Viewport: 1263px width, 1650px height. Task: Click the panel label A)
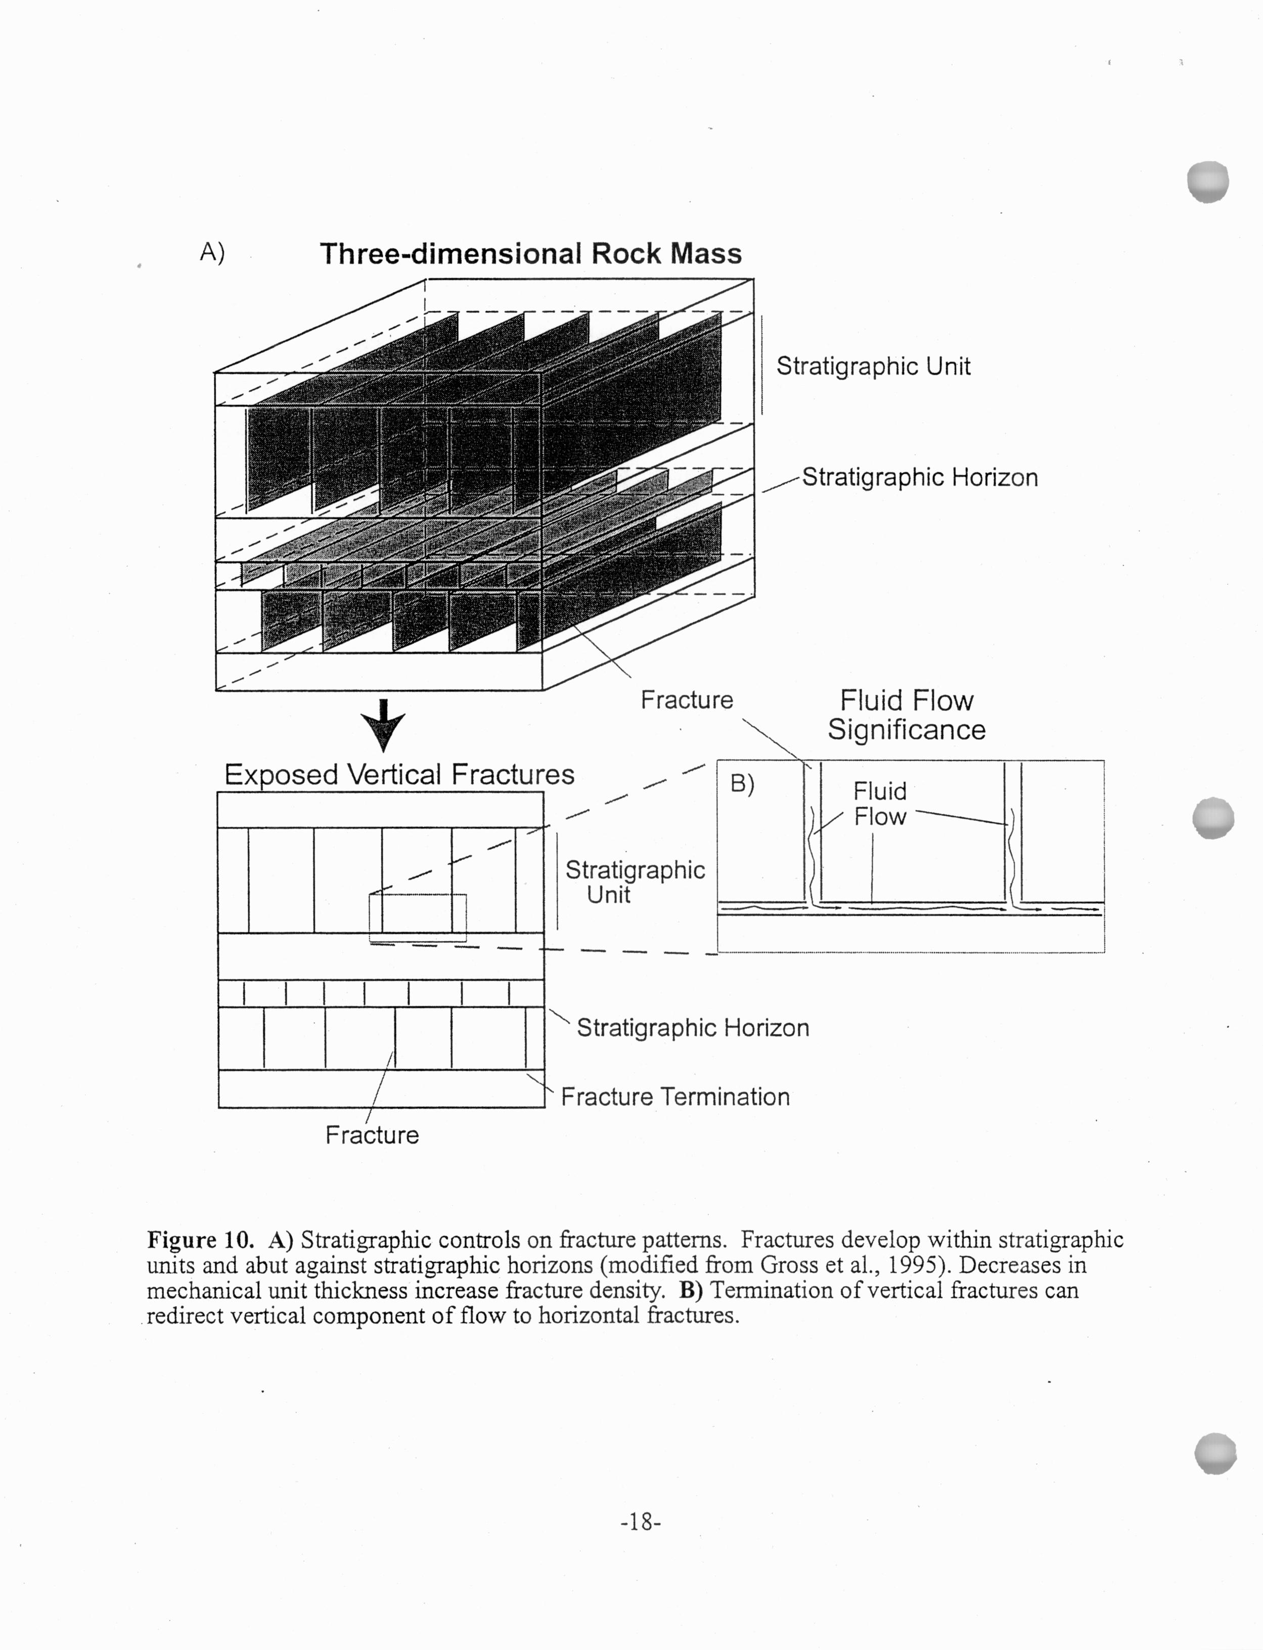click(212, 253)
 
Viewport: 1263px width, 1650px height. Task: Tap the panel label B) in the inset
click(742, 784)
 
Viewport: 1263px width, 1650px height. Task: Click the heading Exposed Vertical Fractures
click(399, 774)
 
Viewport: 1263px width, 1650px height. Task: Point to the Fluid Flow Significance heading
click(906, 715)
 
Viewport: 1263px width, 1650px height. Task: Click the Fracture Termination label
click(675, 1097)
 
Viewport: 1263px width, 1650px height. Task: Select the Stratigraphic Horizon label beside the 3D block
click(919, 477)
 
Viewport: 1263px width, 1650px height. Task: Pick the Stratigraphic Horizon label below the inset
click(692, 1028)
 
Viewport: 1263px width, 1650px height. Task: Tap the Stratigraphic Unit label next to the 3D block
click(873, 366)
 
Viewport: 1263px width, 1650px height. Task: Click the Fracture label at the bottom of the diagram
click(372, 1135)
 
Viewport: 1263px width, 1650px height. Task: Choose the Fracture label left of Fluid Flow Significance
click(687, 700)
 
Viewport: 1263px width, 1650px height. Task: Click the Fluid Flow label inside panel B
click(880, 804)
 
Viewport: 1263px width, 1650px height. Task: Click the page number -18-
click(641, 1522)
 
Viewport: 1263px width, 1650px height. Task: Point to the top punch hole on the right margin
click(1207, 181)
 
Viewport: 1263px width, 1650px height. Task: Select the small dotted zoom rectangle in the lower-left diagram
click(417, 917)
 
